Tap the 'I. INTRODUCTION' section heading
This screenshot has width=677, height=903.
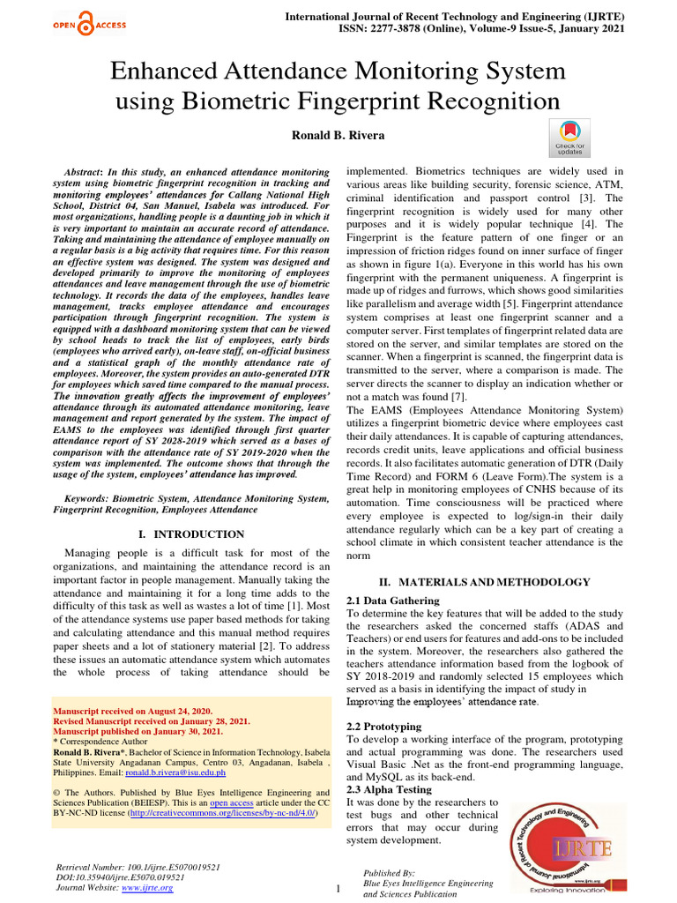[x=192, y=534]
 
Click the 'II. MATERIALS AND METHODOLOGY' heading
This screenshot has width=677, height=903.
[x=484, y=582]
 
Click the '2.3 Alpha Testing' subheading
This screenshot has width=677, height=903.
[x=389, y=789]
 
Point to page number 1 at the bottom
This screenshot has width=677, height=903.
[x=338, y=889]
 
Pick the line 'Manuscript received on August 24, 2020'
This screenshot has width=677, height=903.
[x=133, y=710]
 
